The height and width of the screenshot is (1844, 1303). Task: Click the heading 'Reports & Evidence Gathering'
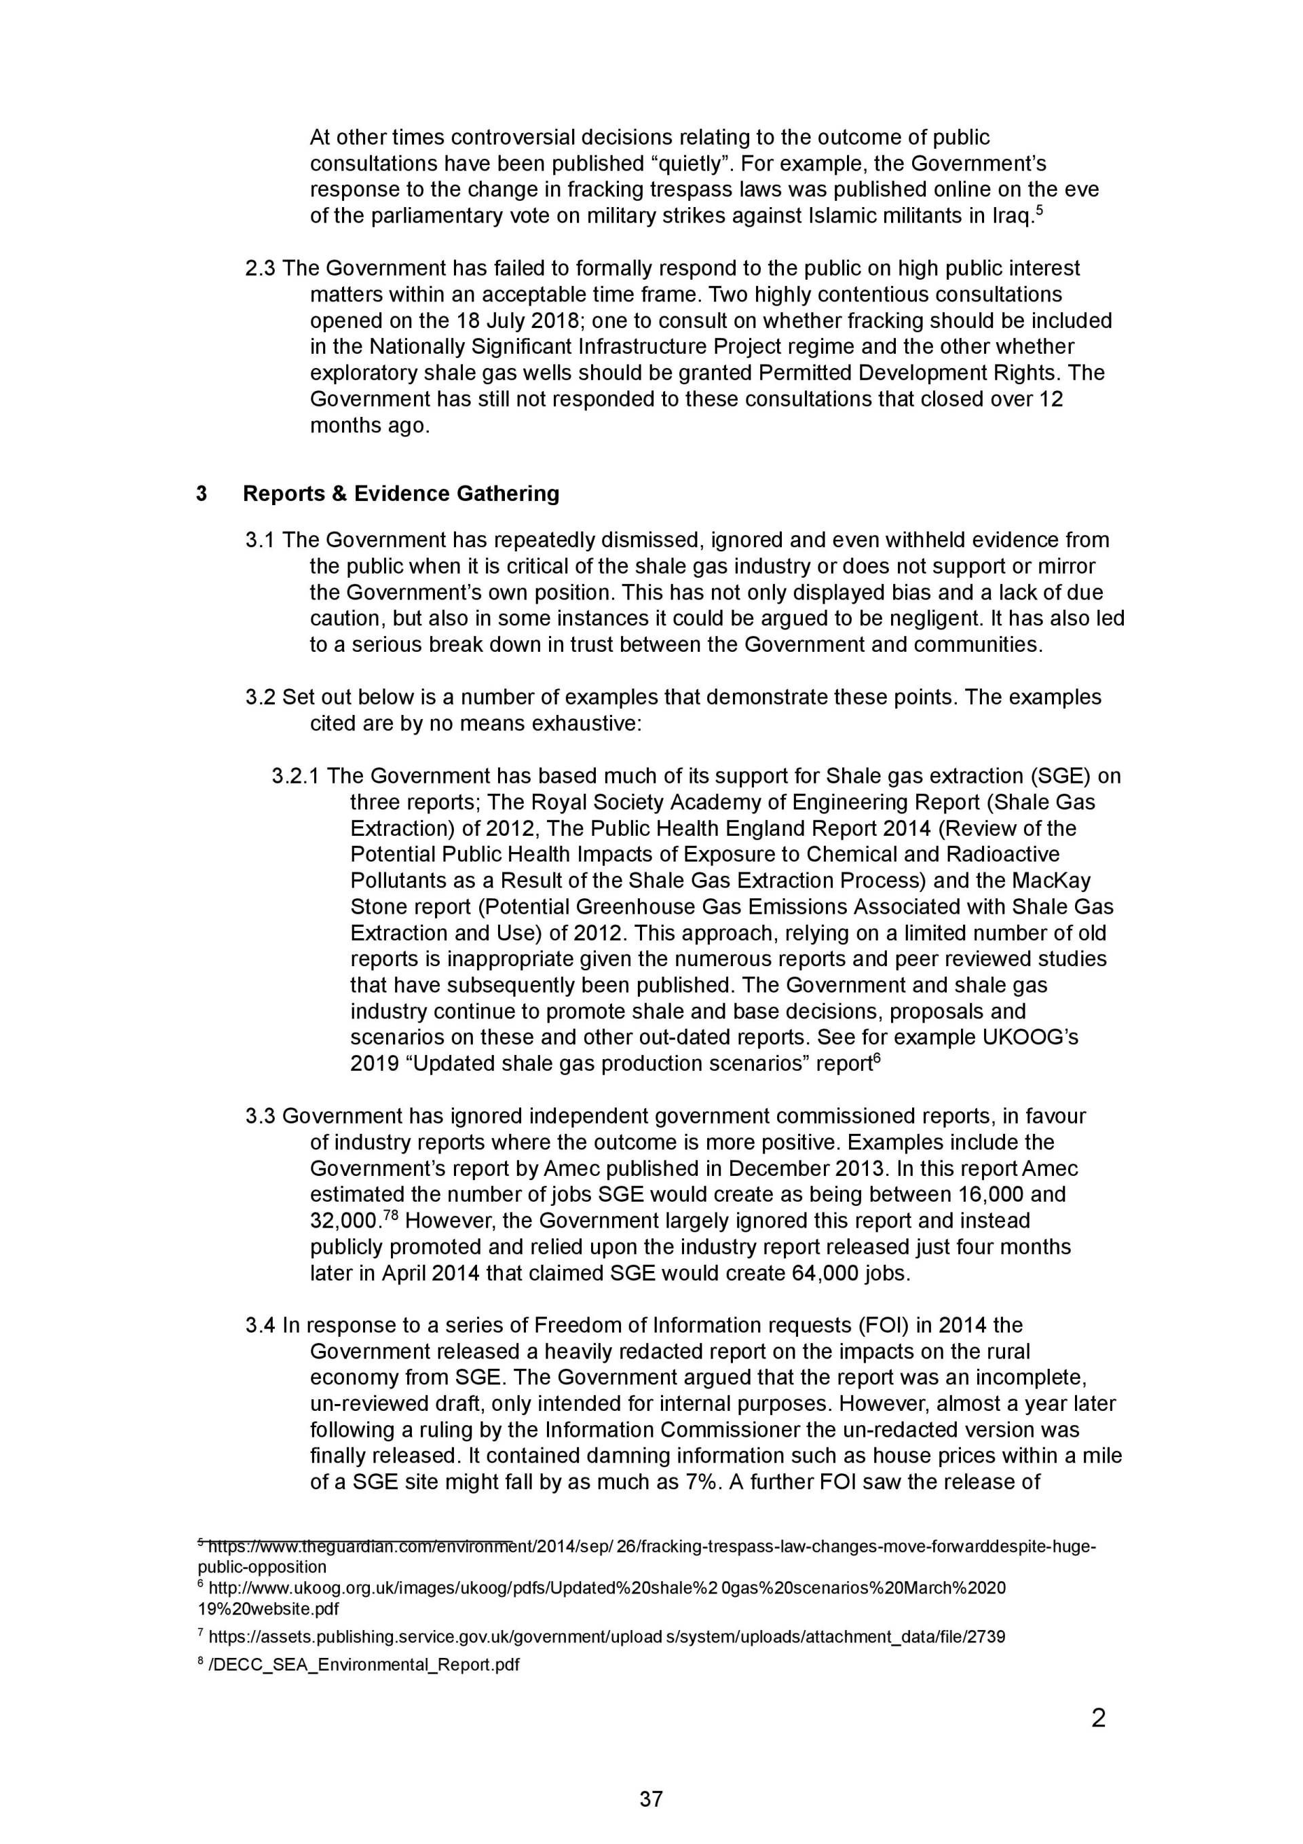(x=400, y=493)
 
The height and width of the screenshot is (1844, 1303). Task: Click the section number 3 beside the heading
(x=202, y=493)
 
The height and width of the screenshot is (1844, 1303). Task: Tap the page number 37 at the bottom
(x=651, y=1799)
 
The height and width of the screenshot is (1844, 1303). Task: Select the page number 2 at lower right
(x=1098, y=1718)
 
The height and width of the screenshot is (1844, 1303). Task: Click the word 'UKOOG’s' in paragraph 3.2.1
(x=1030, y=1037)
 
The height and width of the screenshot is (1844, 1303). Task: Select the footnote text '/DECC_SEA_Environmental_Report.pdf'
(x=363, y=1664)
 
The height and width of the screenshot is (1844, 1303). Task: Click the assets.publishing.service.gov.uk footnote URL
(x=606, y=1637)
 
